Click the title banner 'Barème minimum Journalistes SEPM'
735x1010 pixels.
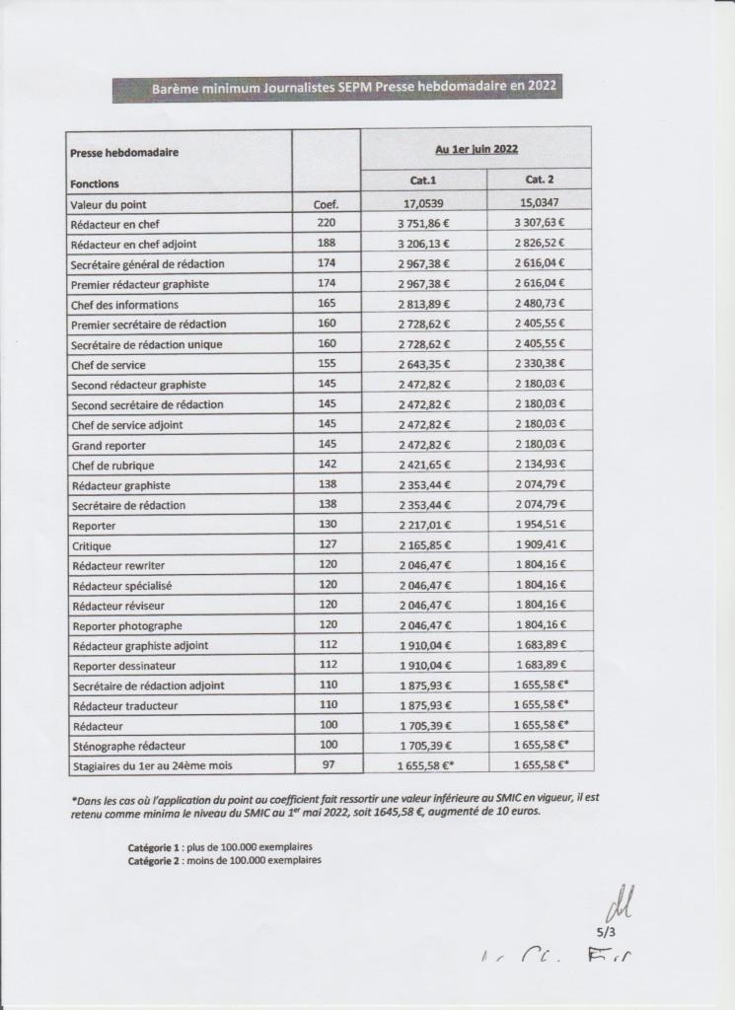pos(336,88)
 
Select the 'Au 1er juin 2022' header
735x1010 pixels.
pos(477,149)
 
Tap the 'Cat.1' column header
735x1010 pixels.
pos(422,181)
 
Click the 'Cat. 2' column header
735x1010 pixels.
pos(539,181)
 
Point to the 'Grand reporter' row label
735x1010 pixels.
pos(108,445)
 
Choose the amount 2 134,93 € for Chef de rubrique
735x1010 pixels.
pos(541,465)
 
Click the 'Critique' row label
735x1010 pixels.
pos(91,545)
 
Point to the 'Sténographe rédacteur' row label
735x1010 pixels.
pos(128,746)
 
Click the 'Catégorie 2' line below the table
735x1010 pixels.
pos(224,860)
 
